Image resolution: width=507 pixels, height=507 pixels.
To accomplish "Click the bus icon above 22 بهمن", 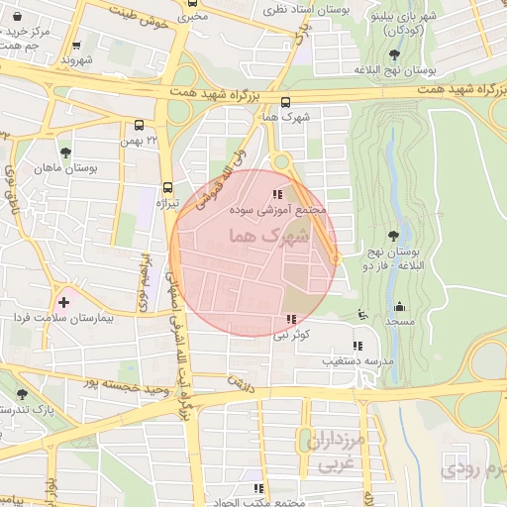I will pos(139,126).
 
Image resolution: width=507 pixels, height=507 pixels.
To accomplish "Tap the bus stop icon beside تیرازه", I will pos(167,186).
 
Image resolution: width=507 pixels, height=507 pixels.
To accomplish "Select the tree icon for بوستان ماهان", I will pos(65,152).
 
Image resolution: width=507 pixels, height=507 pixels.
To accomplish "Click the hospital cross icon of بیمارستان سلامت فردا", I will pos(64,301).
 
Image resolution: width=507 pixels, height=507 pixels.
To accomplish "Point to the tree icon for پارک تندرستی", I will pos(22,394).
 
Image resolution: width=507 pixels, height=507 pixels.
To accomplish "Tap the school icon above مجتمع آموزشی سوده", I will pos(277,194).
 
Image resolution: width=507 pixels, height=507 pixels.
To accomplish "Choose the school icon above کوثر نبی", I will pos(290,319).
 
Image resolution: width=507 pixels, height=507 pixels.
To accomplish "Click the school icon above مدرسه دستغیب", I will pos(357,346).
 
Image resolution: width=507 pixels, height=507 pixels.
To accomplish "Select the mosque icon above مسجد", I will pos(399,306).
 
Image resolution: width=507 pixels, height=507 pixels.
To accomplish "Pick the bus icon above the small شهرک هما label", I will pos(286,101).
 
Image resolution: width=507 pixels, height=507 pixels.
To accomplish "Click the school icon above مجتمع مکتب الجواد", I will pos(257,488).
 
